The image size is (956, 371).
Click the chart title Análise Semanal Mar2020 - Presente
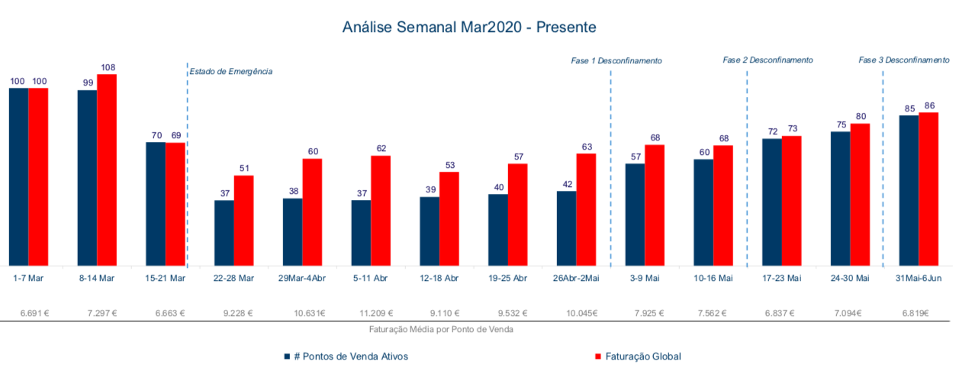coord(468,27)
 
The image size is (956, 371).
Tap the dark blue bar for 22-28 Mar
coord(224,233)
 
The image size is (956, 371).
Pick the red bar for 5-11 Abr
coord(381,210)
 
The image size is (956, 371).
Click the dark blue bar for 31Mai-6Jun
coord(909,190)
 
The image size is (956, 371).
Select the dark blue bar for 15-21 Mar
coord(156,203)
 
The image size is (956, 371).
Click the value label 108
coord(108,68)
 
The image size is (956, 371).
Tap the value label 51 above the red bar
coord(244,169)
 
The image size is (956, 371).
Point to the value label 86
coord(929,106)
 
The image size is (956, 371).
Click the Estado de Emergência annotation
coord(231,71)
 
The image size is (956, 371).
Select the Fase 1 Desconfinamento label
coord(616,60)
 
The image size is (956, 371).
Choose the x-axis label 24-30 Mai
coord(850,278)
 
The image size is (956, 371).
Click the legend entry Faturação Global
coord(637,356)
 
